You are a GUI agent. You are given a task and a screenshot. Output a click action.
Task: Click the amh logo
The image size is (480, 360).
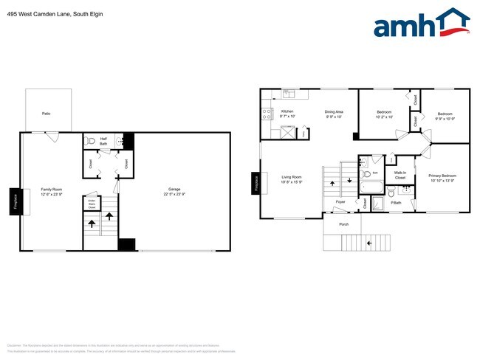click(422, 23)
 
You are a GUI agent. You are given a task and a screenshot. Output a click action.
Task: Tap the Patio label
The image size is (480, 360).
click(47, 114)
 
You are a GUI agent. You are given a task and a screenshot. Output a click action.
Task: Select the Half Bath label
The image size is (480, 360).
click(93, 141)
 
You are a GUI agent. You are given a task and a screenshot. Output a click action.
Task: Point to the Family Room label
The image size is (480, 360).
click(51, 192)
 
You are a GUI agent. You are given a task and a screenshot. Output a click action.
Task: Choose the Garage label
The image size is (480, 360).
click(174, 192)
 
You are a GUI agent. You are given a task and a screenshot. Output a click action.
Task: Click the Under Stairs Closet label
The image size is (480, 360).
click(92, 203)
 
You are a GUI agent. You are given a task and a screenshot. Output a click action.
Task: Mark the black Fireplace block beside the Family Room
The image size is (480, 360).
click(14, 201)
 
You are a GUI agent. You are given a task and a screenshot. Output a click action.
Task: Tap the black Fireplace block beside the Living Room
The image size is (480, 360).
click(256, 184)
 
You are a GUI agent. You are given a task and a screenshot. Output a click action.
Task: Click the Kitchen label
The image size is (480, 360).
click(287, 114)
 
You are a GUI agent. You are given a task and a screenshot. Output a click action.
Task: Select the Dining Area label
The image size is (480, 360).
click(334, 114)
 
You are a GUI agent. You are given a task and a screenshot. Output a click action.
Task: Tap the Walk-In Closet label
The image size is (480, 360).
click(400, 176)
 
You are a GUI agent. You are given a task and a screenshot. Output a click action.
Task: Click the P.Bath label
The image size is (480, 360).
click(397, 202)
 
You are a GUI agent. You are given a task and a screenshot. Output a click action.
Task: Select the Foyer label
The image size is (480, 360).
click(340, 201)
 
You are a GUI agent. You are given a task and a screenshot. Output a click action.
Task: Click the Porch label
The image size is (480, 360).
click(343, 224)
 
